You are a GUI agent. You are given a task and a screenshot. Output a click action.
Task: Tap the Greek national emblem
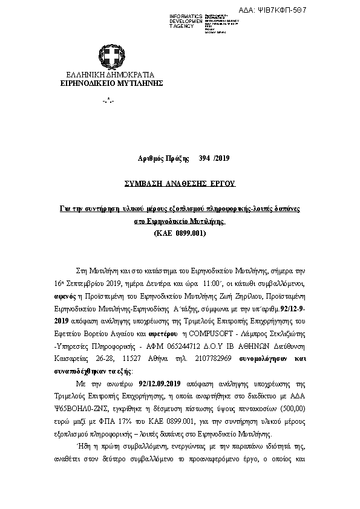pos(111,57)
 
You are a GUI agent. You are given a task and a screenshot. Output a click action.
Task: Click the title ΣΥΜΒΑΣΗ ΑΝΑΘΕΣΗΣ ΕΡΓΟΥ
pos(179,182)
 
